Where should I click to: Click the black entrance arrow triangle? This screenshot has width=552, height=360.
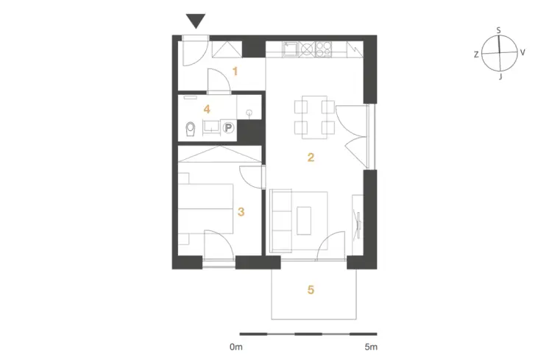195,21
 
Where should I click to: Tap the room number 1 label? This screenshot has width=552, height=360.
236,71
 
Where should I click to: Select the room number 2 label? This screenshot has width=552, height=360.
311,157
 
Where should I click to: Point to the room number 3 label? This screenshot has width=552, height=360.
241,212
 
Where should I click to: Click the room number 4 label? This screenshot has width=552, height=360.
207,109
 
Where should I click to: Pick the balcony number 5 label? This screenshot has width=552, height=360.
311,289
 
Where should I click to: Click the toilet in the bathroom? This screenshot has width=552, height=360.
191,130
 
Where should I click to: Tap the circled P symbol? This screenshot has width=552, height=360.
229,127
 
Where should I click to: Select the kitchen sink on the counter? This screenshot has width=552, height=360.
290,49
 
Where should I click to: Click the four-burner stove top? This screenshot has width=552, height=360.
323,49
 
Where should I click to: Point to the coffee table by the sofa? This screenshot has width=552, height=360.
304,221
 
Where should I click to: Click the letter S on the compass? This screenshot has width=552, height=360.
498,31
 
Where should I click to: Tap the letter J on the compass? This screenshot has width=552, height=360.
500,77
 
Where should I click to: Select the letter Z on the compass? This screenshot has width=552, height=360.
476,54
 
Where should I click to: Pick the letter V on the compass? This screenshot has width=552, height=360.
523,52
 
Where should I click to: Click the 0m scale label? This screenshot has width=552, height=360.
236,347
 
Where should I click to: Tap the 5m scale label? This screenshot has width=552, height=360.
371,347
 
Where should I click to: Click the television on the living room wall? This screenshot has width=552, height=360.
358,225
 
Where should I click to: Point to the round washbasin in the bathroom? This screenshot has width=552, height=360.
250,113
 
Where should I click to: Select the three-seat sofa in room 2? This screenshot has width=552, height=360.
281,221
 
